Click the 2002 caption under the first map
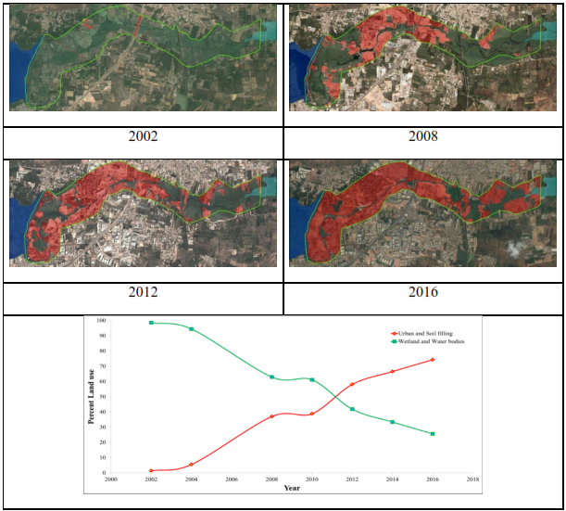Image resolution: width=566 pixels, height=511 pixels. [x=144, y=136]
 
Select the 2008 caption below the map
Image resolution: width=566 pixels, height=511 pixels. [x=423, y=136]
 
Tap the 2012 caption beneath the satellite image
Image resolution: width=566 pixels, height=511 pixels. [x=144, y=292]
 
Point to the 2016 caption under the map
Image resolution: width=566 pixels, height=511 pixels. [x=423, y=292]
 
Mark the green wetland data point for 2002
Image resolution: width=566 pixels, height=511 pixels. [x=151, y=323]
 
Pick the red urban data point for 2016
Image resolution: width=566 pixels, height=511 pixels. [x=433, y=360]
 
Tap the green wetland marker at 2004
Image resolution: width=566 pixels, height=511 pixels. [x=192, y=329]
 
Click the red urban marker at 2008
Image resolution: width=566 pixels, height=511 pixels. [x=271, y=416]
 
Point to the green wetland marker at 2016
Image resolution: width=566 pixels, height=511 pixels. [x=433, y=434]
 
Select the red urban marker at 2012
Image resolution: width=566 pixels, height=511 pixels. [x=352, y=384]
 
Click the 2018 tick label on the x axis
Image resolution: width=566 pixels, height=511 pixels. [x=472, y=479]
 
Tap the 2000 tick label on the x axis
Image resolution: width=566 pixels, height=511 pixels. [x=111, y=479]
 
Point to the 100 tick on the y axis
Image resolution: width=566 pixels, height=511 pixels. [x=101, y=321]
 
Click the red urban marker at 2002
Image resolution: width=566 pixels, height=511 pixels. [x=151, y=470]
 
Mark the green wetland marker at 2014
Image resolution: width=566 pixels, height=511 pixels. [x=392, y=422]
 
